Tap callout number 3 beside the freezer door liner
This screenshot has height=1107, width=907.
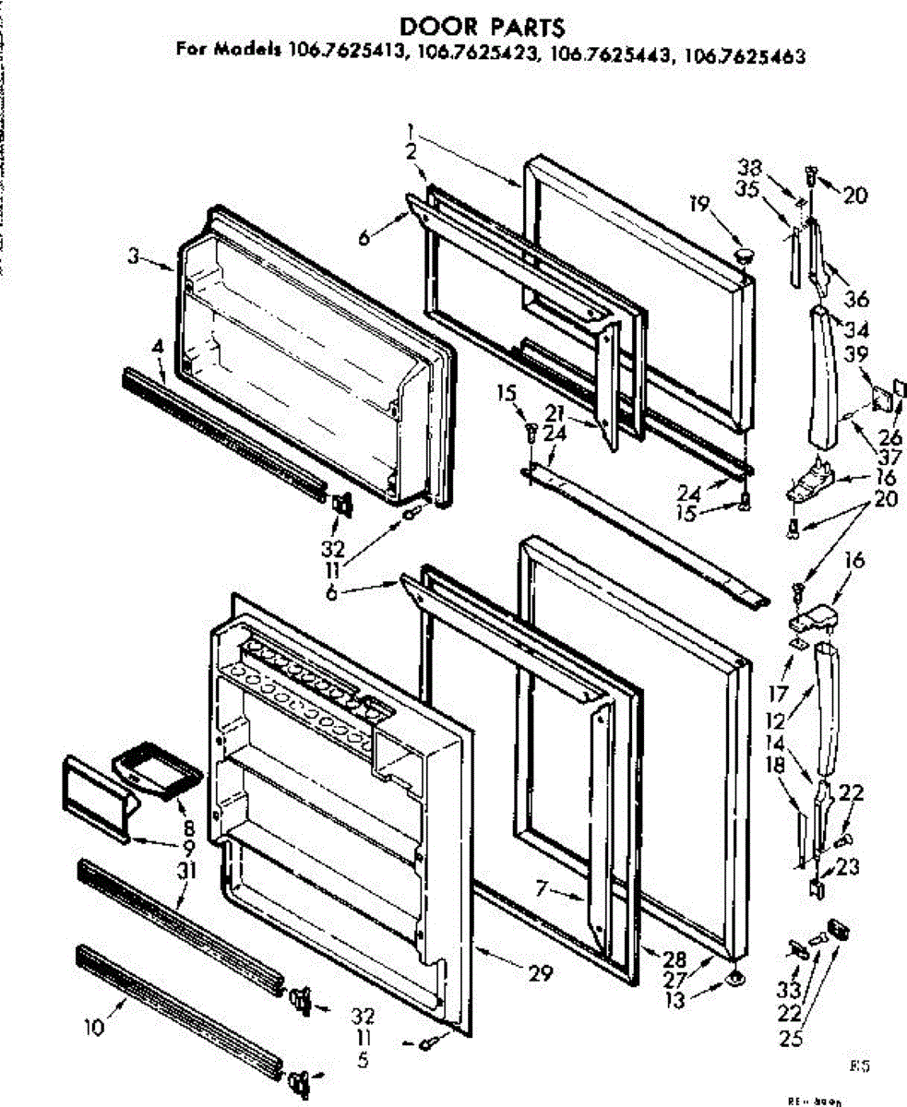click(135, 258)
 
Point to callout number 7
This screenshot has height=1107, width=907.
click(542, 889)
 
